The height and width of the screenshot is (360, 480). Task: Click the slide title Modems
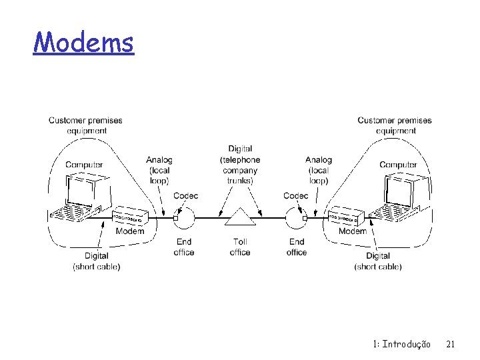83,43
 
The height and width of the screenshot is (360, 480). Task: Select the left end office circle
184,217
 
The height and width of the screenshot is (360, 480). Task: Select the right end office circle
296,217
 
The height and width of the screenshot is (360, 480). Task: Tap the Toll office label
240,247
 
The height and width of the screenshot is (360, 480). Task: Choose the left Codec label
185,195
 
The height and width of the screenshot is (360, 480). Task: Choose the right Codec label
296,195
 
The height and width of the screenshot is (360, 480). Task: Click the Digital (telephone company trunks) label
240,165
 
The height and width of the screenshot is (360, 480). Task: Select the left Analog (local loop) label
159,170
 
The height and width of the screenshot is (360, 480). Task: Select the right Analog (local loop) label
319,170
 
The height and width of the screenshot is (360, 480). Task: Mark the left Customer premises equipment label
85,125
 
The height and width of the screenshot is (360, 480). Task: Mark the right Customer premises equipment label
395,125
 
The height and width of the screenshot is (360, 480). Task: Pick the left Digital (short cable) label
97,261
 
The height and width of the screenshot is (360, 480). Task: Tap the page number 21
450,344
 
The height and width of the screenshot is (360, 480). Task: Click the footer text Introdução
406,344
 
